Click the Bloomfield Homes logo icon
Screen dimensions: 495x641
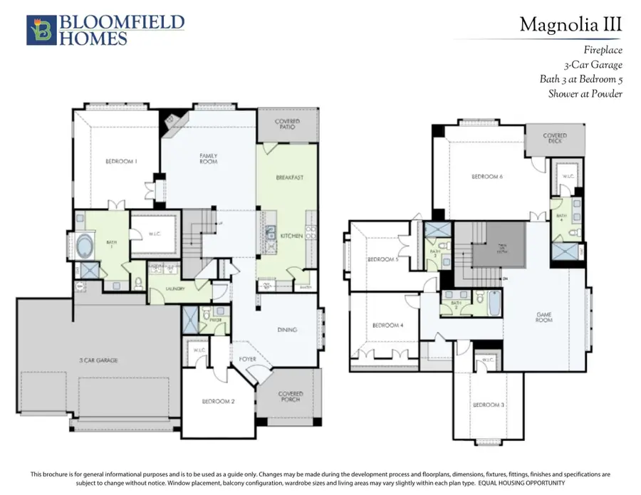coord(41,30)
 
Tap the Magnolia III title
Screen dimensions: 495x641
coord(570,24)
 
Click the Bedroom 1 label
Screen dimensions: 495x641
coord(121,162)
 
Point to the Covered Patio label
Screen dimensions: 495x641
coord(287,124)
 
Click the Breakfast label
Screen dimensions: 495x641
coord(290,177)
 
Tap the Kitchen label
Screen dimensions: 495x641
coord(291,236)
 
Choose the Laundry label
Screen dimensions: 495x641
coord(175,289)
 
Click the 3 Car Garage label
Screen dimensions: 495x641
coord(98,360)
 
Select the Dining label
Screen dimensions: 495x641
coord(287,330)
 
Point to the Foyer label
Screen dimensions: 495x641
coord(247,359)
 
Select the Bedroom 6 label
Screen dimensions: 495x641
coord(487,177)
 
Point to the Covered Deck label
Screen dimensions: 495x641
coord(554,138)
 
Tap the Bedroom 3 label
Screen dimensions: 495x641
coord(489,405)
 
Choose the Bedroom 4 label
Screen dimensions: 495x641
coord(387,325)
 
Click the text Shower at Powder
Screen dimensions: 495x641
coord(585,93)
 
